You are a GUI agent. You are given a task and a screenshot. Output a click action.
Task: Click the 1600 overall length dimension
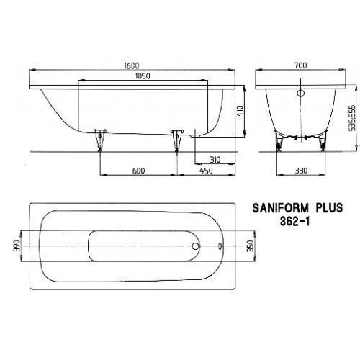[132, 66]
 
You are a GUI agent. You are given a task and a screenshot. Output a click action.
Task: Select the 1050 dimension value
[143, 76]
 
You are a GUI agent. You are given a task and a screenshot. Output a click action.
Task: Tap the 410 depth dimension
[240, 110]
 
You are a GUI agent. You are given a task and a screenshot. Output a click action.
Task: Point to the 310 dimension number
[215, 160]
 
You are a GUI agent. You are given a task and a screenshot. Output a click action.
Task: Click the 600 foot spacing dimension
[138, 171]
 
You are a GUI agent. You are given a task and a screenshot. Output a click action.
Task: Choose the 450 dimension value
[206, 171]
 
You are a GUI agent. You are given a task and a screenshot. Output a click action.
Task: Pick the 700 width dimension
[300, 65]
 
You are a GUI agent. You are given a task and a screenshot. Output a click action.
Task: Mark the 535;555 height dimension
[352, 118]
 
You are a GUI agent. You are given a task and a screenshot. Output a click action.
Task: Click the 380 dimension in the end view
[301, 171]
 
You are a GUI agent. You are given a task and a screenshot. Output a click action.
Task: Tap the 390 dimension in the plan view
[16, 246]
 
